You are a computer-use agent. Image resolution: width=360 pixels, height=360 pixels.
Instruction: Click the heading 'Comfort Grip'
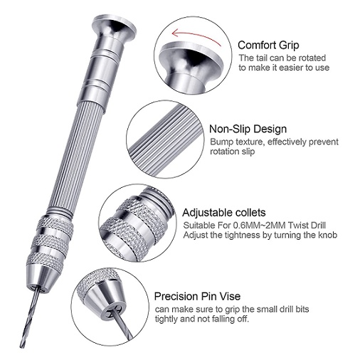click(x=268, y=46)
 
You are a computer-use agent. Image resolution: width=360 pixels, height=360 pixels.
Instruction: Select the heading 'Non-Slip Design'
click(x=248, y=129)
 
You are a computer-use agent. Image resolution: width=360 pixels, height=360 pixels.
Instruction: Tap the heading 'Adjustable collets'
click(x=224, y=213)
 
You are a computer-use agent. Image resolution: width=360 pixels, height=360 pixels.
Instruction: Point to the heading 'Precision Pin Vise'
click(x=197, y=296)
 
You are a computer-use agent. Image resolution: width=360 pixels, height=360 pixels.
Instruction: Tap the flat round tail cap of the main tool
click(x=115, y=23)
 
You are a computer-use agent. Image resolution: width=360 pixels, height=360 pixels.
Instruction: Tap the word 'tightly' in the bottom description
click(x=166, y=319)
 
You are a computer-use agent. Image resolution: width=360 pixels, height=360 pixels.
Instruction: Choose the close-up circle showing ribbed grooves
click(x=165, y=139)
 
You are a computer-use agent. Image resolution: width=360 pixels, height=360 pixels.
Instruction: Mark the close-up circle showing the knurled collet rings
click(x=137, y=223)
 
